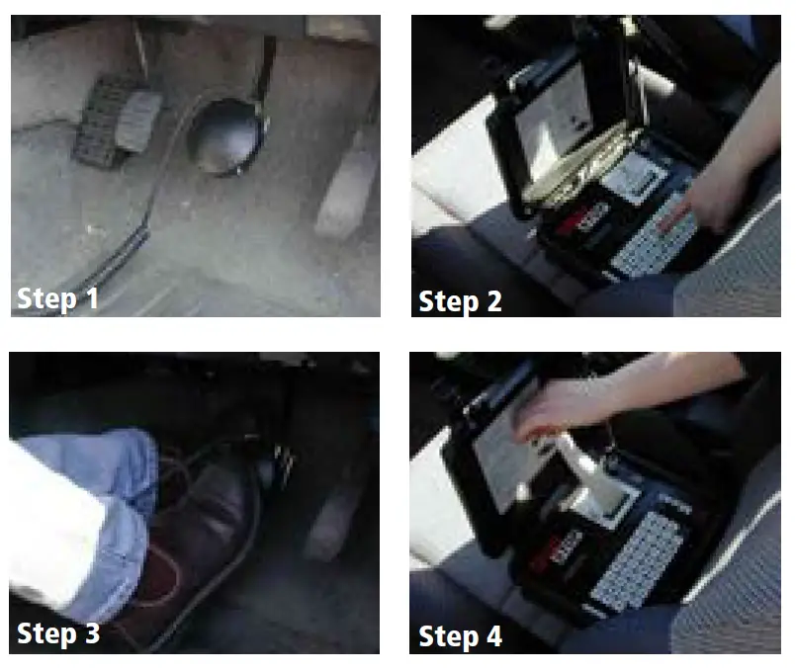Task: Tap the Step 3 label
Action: pyautogui.click(x=58, y=633)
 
